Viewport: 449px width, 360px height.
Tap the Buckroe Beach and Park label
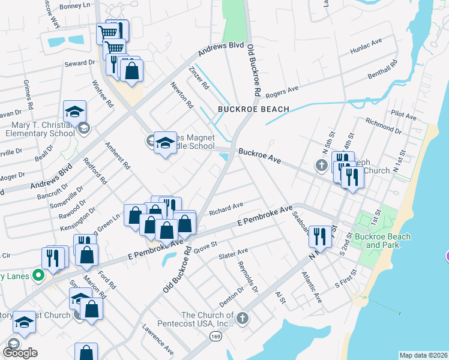(382, 241)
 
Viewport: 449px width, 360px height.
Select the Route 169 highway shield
(214, 337)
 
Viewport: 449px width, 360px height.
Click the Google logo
(20, 353)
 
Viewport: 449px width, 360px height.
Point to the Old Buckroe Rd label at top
(253, 71)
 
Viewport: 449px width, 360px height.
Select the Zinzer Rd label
(198, 78)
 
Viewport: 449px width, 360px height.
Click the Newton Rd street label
(181, 95)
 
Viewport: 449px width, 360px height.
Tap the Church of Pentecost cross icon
(243, 318)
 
